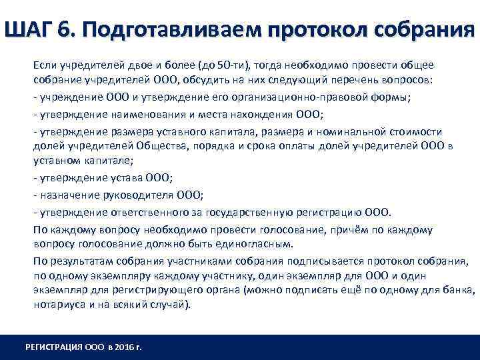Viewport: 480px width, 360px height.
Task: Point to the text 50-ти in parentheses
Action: (234, 65)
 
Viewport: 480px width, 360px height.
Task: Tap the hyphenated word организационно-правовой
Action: (303, 97)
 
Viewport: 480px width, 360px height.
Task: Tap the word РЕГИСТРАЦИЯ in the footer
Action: (52, 347)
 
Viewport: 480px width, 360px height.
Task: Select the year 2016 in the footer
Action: (123, 347)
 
